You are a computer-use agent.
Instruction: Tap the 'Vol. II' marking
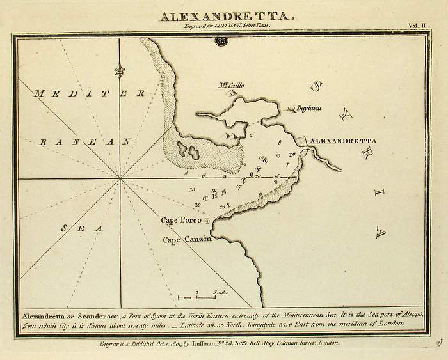[x=420, y=26]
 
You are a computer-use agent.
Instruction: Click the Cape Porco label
[x=181, y=220]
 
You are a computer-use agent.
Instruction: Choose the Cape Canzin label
[x=185, y=240]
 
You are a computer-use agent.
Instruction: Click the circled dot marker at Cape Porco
[x=207, y=221]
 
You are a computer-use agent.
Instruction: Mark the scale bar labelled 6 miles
[x=197, y=296]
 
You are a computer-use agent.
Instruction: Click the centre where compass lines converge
[x=120, y=180]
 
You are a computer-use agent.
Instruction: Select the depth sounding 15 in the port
[x=276, y=176]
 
